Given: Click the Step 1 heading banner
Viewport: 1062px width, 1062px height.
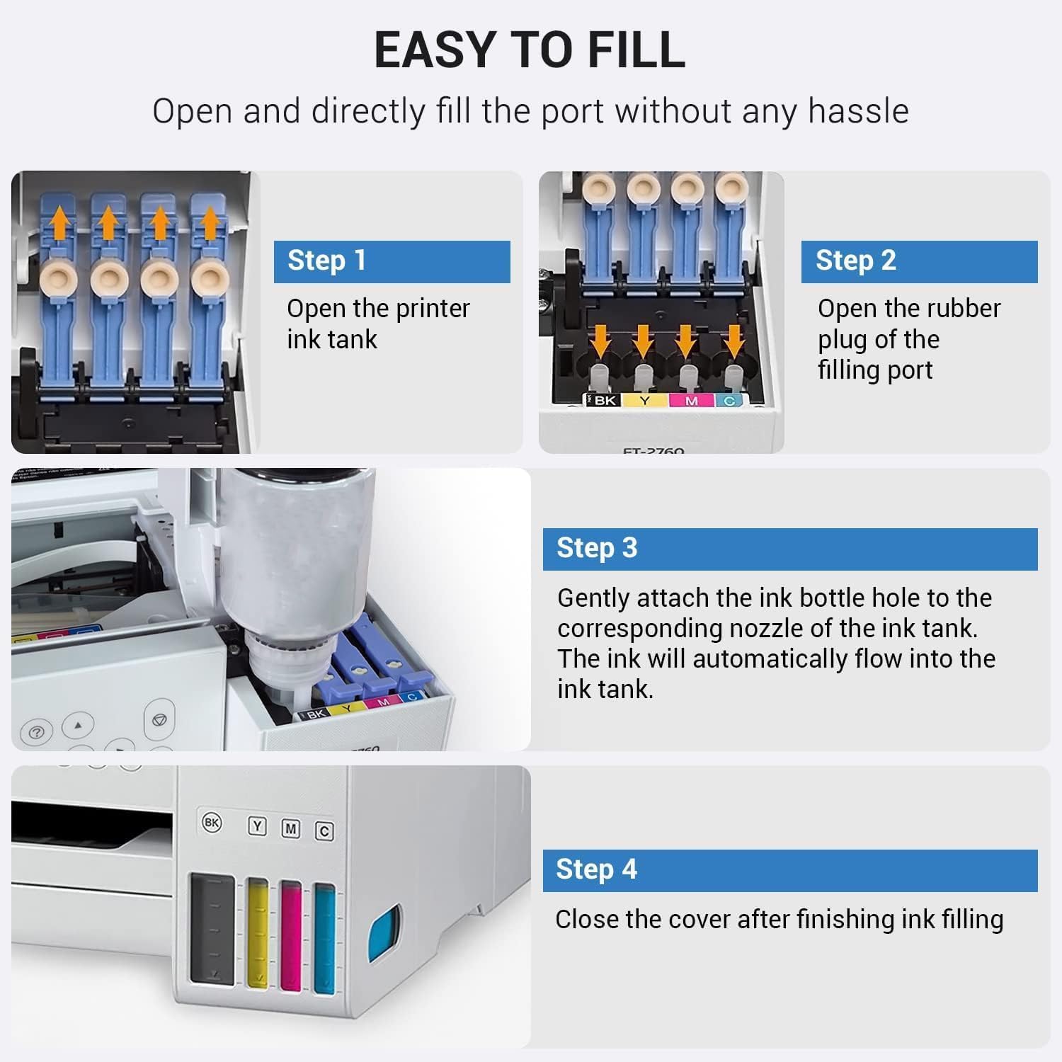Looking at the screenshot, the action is click(392, 261).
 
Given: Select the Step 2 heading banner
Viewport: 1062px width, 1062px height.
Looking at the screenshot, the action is click(919, 261).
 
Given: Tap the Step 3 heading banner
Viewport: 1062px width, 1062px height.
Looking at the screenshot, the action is click(790, 549).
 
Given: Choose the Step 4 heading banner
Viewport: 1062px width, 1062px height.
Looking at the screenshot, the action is click(790, 870).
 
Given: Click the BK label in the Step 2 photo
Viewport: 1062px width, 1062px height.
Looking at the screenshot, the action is click(603, 400).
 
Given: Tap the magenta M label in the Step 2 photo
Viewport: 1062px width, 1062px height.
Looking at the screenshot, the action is click(692, 401).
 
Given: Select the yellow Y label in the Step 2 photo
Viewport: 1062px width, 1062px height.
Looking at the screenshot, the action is click(645, 401).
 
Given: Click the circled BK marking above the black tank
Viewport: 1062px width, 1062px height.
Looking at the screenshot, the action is click(212, 823).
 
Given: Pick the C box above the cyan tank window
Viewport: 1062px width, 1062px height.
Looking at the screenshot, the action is click(324, 830).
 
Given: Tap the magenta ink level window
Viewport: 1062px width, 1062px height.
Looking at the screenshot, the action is click(291, 935).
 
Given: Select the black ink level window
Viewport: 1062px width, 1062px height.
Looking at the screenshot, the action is click(212, 928).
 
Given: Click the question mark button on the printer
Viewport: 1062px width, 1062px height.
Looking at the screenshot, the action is click(37, 732).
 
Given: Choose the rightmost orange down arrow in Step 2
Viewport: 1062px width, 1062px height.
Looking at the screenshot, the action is click(734, 340).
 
